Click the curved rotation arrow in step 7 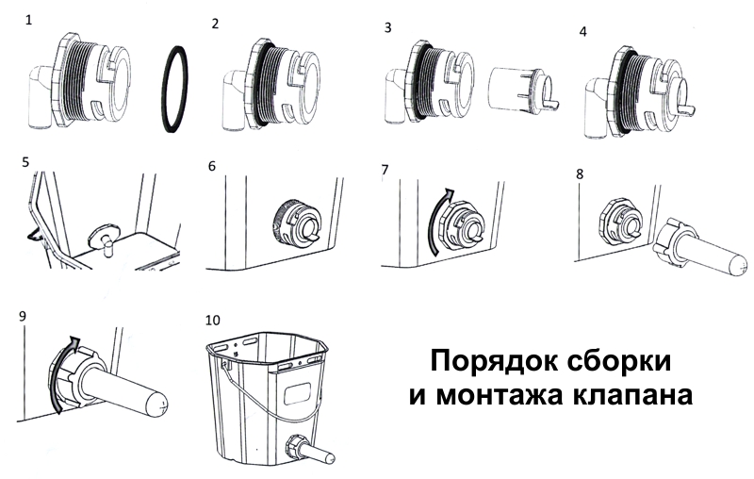pyautogui.click(x=436, y=222)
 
